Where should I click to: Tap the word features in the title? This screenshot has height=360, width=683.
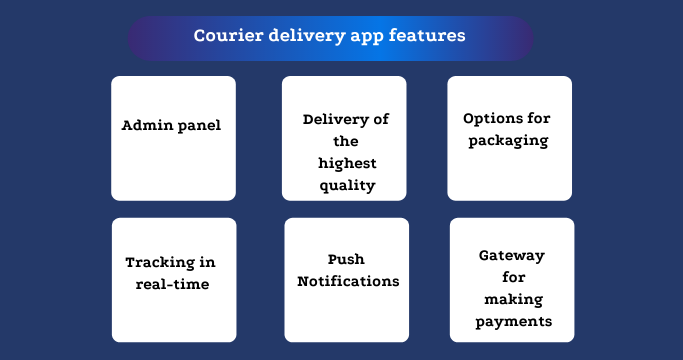point(431,36)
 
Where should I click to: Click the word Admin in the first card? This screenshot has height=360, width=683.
point(147,126)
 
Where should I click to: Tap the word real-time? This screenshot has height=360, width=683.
point(173,285)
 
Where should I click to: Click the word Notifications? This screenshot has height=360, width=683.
point(348,281)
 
